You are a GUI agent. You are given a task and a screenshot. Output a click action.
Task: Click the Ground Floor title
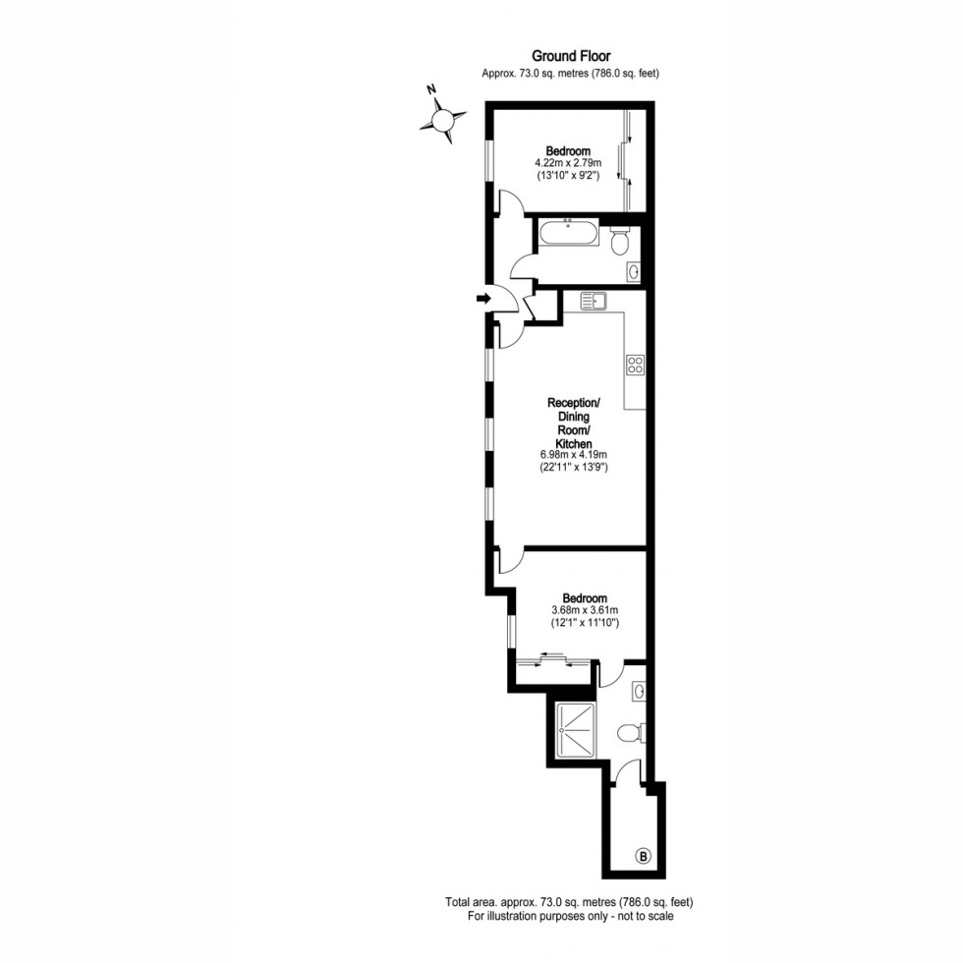click(x=571, y=57)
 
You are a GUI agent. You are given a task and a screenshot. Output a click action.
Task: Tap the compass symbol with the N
click(x=442, y=119)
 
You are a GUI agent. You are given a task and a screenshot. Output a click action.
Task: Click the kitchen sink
click(x=594, y=301)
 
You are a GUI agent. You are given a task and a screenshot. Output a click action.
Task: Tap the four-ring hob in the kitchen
click(x=635, y=366)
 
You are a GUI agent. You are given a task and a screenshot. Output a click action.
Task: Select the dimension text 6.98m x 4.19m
click(x=574, y=455)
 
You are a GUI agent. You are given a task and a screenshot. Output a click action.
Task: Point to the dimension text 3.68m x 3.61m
click(x=584, y=610)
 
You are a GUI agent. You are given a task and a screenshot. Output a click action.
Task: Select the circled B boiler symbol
click(x=643, y=856)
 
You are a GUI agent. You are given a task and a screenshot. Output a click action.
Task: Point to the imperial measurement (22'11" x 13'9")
click(x=574, y=468)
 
